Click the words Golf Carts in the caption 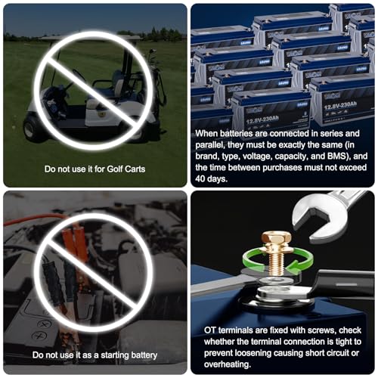tap(126, 169)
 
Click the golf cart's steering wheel tap(79, 76)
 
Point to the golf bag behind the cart tap(156, 83)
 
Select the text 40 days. tap(211, 178)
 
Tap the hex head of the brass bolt tap(277, 240)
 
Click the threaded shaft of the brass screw tap(276, 264)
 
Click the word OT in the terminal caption tap(210, 330)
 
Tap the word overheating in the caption tap(228, 364)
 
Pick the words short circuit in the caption tap(327, 353)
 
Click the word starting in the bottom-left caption tap(115, 355)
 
